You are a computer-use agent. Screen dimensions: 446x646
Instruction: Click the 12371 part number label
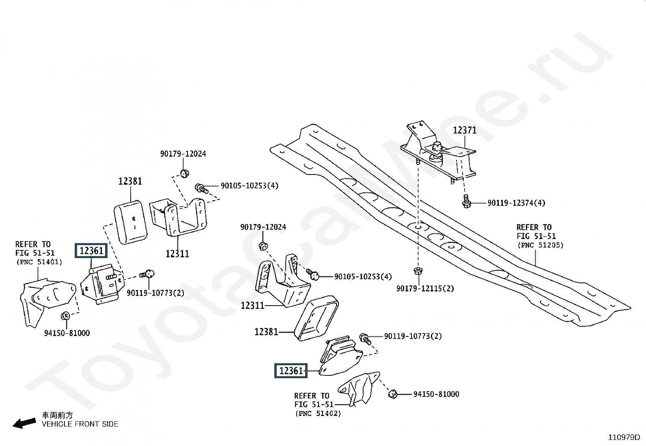click(x=465, y=130)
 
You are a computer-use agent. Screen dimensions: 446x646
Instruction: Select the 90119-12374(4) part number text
click(x=516, y=203)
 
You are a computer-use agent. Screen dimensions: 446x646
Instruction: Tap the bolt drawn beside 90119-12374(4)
click(x=466, y=201)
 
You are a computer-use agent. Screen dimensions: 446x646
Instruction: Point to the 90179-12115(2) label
click(x=425, y=289)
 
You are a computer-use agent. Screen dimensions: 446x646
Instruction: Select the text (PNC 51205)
click(x=540, y=245)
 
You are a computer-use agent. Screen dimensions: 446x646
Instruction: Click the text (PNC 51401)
click(x=39, y=262)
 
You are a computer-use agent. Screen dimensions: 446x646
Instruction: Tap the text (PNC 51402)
click(x=318, y=414)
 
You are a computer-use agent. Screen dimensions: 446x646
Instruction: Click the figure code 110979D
click(x=624, y=437)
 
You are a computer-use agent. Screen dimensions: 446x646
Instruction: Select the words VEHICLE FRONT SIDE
click(x=80, y=424)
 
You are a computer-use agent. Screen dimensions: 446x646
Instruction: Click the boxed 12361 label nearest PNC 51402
click(x=291, y=371)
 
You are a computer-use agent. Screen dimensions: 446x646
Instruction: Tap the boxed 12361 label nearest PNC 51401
click(x=91, y=251)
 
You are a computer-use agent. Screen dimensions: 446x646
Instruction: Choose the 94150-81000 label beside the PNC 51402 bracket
click(x=436, y=394)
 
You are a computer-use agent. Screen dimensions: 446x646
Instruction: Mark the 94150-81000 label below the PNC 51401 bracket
click(x=67, y=333)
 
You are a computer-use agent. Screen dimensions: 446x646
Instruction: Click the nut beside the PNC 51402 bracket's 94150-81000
click(x=392, y=393)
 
